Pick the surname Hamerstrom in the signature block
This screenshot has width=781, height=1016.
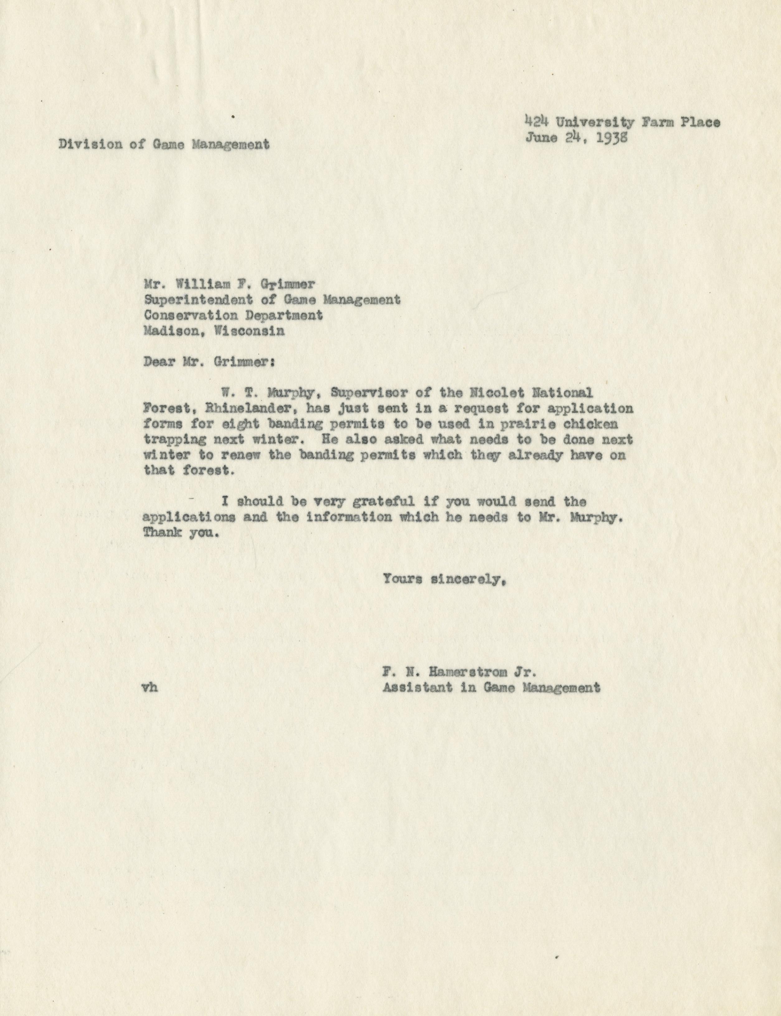(471, 671)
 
